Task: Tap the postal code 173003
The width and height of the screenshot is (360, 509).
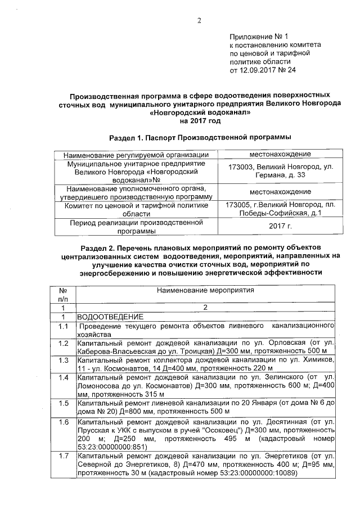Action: (242, 167)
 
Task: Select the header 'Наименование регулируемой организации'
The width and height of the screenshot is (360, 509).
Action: (136, 155)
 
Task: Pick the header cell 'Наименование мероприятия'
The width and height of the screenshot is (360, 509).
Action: (205, 291)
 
